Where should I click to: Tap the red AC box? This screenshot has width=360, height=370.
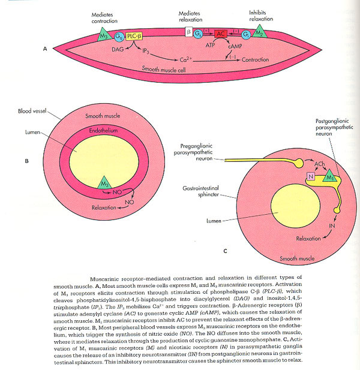[x=221, y=35]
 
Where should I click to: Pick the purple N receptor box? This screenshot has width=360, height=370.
[x=293, y=176]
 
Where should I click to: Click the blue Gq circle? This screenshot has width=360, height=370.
[x=120, y=37]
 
